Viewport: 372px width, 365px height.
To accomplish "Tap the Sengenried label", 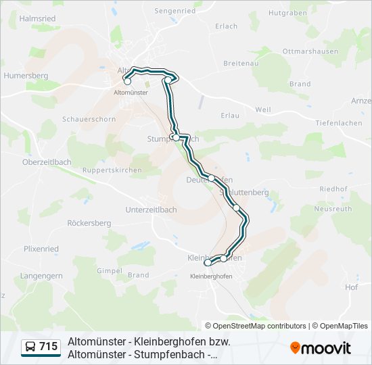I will (175, 11).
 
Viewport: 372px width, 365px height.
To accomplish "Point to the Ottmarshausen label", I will (310, 51).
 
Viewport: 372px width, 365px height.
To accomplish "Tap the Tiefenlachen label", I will (338, 123).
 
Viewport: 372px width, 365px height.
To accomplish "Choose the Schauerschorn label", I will (89, 119).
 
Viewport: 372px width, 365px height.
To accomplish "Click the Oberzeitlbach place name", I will (47, 162).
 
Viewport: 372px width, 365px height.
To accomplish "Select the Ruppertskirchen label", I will (111, 170).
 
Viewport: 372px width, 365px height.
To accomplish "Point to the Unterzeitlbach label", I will (151, 210).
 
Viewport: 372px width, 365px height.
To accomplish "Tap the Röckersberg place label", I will (89, 223).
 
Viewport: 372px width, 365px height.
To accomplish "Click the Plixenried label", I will (41, 249).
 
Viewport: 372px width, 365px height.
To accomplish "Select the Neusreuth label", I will (333, 210).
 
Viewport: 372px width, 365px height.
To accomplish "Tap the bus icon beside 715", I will (30, 347).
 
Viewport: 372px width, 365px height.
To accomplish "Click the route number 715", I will (49, 347).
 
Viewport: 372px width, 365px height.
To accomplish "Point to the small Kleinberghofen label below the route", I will (210, 276).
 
